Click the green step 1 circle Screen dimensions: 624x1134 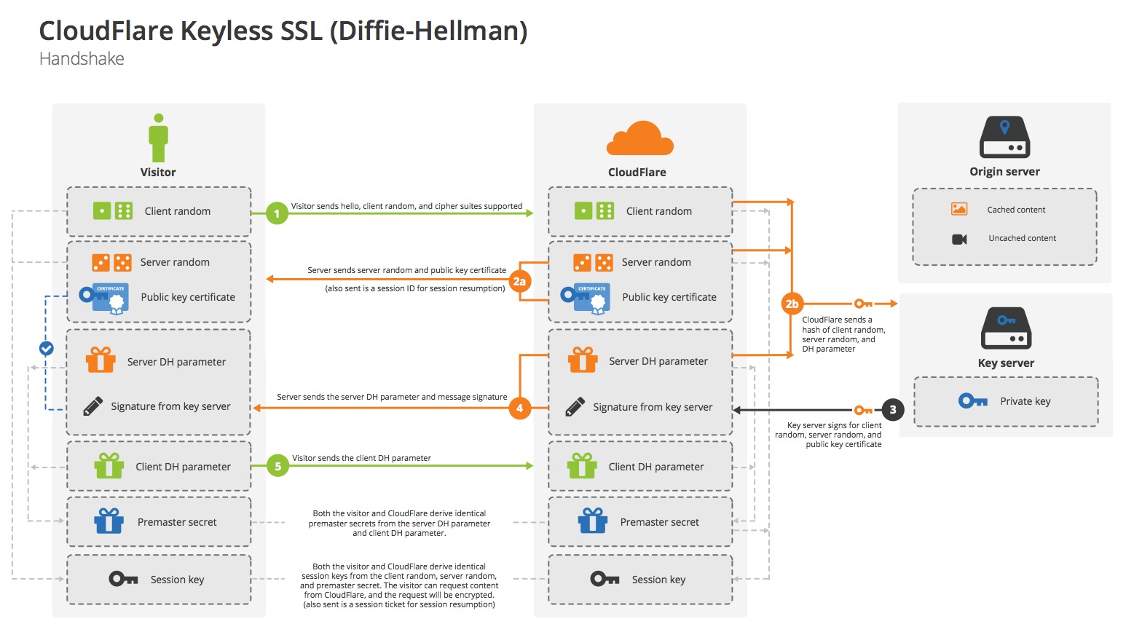tap(277, 213)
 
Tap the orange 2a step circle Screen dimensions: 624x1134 tap(519, 281)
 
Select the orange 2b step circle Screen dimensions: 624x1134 tap(792, 304)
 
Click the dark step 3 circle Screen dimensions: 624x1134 tap(893, 410)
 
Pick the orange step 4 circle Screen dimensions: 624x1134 tap(519, 408)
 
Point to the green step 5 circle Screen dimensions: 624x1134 tap(277, 466)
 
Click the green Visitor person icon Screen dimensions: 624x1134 tap(158, 138)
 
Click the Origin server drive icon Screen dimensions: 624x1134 tap(1004, 138)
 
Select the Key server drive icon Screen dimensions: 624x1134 tap(1006, 328)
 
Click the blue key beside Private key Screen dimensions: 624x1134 tap(972, 401)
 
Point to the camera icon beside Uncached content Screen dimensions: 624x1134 tap(959, 239)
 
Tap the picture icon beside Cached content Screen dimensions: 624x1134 tap(959, 210)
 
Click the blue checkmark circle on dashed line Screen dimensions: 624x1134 tap(46, 349)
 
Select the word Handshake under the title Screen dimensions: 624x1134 tap(82, 59)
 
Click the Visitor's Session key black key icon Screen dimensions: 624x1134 tap(123, 579)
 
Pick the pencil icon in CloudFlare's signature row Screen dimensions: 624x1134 tap(575, 407)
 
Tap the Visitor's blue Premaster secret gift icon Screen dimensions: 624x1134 tap(109, 521)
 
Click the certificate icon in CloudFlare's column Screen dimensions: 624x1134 tap(586, 297)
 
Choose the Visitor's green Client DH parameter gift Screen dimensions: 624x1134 tap(109, 466)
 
